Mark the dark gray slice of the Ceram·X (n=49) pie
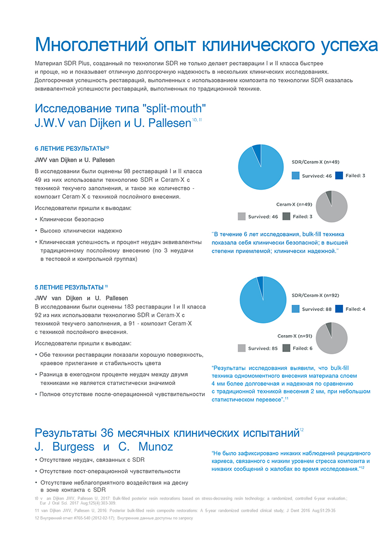(329, 195)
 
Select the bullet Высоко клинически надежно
(81, 231)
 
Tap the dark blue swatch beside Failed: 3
(339, 176)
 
